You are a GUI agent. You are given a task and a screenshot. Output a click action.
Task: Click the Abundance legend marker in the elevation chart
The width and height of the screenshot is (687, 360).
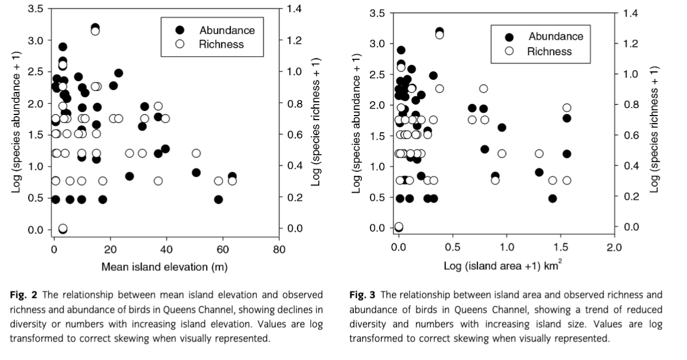pyautogui.click(x=180, y=30)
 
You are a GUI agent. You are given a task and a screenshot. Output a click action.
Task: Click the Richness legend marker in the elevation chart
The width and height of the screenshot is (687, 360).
pyautogui.click(x=180, y=44)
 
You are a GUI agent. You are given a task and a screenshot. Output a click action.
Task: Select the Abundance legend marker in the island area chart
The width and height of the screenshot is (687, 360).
pyautogui.click(x=509, y=37)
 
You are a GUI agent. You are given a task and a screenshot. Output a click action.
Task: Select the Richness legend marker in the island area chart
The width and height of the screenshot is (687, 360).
pyautogui.click(x=509, y=51)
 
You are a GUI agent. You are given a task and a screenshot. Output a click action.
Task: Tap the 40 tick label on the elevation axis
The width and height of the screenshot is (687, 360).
pyautogui.click(x=166, y=250)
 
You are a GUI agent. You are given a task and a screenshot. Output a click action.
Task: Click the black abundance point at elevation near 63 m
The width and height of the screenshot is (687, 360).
pyautogui.click(x=232, y=177)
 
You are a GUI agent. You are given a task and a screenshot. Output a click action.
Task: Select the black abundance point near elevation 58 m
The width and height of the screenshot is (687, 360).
pyautogui.click(x=218, y=200)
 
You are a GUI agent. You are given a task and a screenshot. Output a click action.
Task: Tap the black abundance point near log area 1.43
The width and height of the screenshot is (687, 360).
pyautogui.click(x=552, y=198)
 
